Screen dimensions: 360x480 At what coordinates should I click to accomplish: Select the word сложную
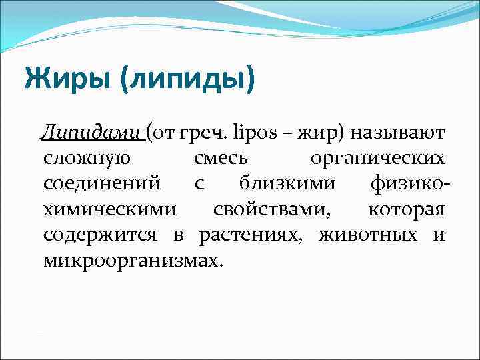point(87,160)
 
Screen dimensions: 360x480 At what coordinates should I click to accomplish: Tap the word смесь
point(221,160)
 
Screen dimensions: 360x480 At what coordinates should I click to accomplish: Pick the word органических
point(378,161)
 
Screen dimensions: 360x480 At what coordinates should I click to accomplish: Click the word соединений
point(101,185)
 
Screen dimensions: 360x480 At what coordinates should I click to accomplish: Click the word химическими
point(110,210)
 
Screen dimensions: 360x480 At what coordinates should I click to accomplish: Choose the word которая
point(406,210)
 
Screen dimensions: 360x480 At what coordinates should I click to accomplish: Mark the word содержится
point(101,235)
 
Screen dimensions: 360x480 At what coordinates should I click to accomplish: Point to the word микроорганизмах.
point(131,260)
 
